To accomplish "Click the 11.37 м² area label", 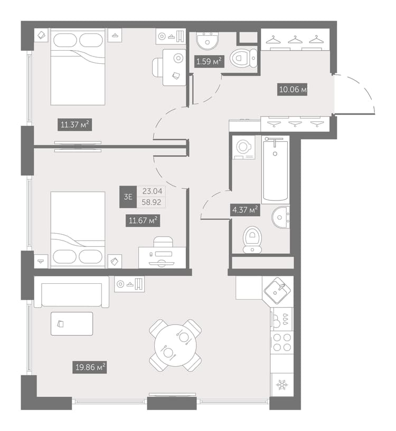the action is point(74,124).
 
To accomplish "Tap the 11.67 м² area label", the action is point(143,221).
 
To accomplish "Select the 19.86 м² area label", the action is point(89,367).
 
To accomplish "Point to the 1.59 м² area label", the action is point(209,61).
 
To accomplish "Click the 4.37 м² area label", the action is point(245,210).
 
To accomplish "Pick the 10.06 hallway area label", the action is point(293,89).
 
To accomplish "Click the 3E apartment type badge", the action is point(128,197).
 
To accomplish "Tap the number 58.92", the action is point(152,203).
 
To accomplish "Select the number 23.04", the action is point(152,191).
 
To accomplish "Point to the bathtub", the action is point(275,170).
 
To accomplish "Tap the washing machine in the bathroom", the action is point(243,147).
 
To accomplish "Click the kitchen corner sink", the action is point(277,291).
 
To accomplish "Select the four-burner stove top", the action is point(282,342).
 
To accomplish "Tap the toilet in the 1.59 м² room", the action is point(243,58).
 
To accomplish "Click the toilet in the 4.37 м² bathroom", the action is point(252,240).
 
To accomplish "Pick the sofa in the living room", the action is point(72,292).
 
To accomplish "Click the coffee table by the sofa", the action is point(72,323).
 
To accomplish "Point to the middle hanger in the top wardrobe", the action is point(295,40).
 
